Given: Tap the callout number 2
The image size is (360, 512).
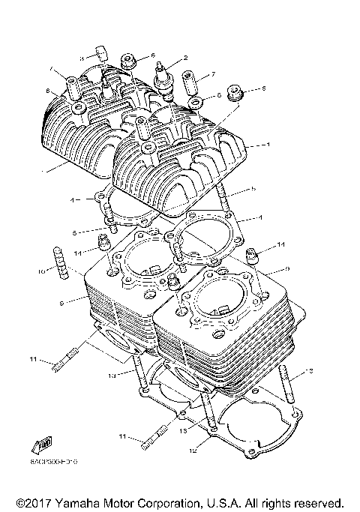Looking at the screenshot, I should tap(185, 58).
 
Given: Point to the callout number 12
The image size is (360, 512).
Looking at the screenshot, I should tap(193, 451).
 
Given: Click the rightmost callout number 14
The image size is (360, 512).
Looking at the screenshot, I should tap(281, 245).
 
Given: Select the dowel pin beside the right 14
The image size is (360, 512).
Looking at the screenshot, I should tap(253, 257).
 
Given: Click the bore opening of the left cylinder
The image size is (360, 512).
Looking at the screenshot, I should tap(148, 261).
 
